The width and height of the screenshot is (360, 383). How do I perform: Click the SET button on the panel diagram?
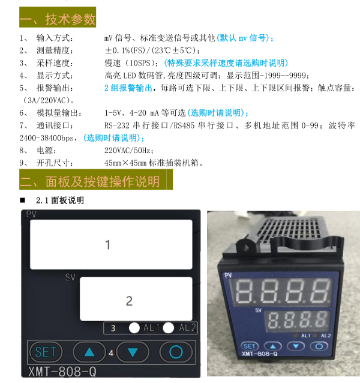click(x=46, y=352)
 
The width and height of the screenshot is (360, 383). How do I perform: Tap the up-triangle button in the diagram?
click(x=89, y=352)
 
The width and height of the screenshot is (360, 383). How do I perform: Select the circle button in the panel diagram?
click(x=176, y=352)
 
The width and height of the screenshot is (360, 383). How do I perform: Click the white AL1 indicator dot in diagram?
click(x=134, y=328)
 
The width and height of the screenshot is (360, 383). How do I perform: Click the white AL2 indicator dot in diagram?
click(x=169, y=328)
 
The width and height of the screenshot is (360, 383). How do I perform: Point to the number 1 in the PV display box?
click(x=107, y=245)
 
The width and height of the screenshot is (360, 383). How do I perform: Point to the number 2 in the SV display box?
click(x=130, y=301)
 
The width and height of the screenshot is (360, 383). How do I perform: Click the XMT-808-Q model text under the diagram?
click(x=62, y=372)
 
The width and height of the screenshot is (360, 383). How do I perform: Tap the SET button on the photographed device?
click(x=250, y=346)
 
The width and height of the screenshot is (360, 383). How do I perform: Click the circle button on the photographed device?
click(x=319, y=346)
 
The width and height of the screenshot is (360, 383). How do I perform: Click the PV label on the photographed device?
click(x=228, y=276)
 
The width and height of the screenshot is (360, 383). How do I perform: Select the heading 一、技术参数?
click(x=58, y=19)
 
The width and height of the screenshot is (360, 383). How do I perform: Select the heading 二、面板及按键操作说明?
click(x=89, y=181)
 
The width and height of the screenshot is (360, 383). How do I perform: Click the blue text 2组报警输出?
click(x=128, y=88)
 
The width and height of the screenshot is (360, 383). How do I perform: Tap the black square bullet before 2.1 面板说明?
click(x=22, y=201)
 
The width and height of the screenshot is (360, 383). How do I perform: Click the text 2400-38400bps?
click(x=46, y=138)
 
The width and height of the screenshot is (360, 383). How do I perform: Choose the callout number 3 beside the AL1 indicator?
click(x=113, y=328)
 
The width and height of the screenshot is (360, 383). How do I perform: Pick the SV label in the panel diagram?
click(x=70, y=277)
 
